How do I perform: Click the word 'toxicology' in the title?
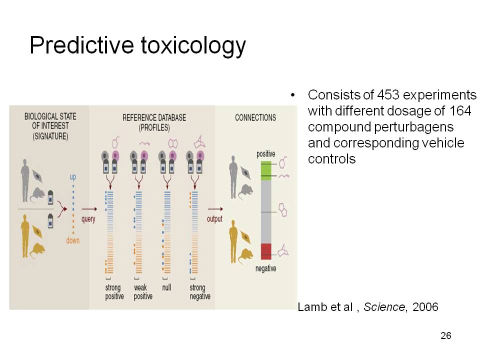(x=193, y=46)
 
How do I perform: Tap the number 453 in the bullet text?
(x=388, y=95)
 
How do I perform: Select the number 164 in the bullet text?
(x=460, y=111)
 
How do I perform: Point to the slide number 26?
(x=446, y=335)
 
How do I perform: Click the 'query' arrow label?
(x=88, y=219)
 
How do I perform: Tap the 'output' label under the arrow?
(x=214, y=219)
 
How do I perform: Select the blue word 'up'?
(x=73, y=177)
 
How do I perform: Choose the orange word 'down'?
(x=73, y=240)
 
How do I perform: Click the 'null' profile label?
(x=166, y=287)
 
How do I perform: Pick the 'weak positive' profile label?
(x=143, y=291)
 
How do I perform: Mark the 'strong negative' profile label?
(x=200, y=291)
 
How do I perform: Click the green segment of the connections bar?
(x=266, y=171)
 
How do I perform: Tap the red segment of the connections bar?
(x=266, y=251)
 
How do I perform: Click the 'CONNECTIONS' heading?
(x=255, y=117)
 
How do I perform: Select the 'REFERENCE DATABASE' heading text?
(x=154, y=117)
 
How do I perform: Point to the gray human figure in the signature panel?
(x=25, y=180)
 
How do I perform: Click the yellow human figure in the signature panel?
(x=25, y=236)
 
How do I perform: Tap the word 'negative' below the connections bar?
(x=265, y=268)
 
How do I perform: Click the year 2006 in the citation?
(x=425, y=306)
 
